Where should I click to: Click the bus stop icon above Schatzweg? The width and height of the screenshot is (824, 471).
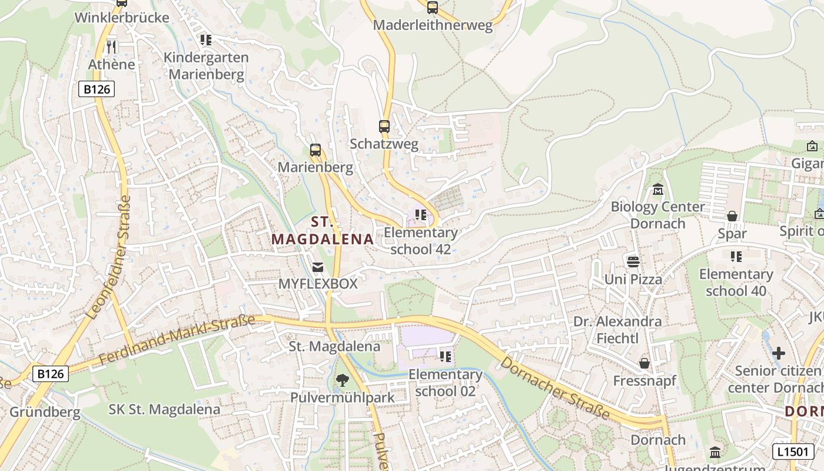click(x=384, y=127)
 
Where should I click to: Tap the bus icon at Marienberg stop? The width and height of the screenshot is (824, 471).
click(x=315, y=150)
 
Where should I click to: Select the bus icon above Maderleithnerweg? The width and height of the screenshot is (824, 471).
click(x=433, y=8)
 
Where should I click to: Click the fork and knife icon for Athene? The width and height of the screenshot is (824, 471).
click(x=112, y=47)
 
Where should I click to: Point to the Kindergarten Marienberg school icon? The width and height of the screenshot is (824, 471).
click(x=205, y=40)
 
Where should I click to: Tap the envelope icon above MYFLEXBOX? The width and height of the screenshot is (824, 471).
click(x=318, y=267)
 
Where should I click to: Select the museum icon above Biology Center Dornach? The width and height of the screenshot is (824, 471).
click(x=657, y=190)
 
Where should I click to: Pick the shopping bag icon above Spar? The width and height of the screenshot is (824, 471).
click(x=732, y=217)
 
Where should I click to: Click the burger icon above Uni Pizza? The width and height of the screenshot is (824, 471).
click(x=633, y=261)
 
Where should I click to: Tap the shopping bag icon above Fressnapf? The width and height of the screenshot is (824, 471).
click(x=644, y=363)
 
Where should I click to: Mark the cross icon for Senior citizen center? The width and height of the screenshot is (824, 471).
click(x=779, y=353)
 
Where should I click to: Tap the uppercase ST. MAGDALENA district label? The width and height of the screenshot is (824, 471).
click(x=323, y=230)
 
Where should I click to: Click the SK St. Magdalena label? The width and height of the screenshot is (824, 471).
click(x=165, y=409)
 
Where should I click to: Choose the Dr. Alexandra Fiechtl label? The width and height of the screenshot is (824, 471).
click(x=617, y=330)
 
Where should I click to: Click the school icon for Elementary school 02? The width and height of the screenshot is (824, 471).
click(x=446, y=357)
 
